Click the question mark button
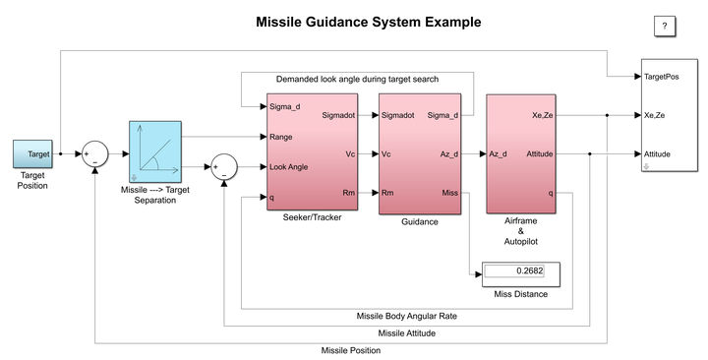click(665, 26)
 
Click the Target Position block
click(33, 154)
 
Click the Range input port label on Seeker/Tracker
click(281, 136)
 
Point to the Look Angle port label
click(288, 166)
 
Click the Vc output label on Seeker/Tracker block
click(350, 154)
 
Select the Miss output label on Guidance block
click(448, 192)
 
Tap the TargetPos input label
click(661, 76)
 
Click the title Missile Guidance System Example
click(354, 22)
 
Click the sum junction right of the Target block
click(94, 154)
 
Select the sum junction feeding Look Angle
click(225, 167)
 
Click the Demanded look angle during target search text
click(357, 79)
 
